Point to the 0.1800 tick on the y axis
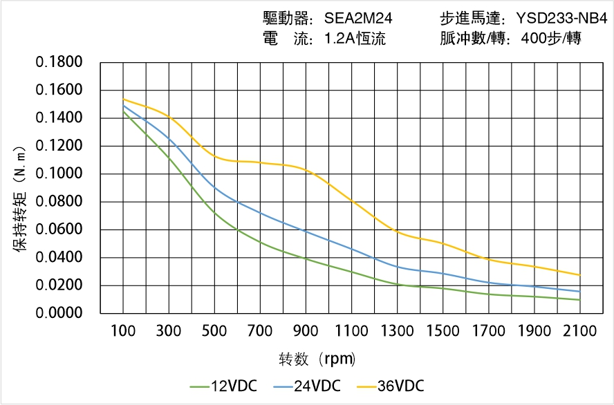59,63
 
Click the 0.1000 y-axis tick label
59,174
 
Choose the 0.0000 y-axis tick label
59,314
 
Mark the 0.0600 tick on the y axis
59,230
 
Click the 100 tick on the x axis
124,331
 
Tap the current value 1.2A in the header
339,39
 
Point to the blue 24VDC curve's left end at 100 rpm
124,105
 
